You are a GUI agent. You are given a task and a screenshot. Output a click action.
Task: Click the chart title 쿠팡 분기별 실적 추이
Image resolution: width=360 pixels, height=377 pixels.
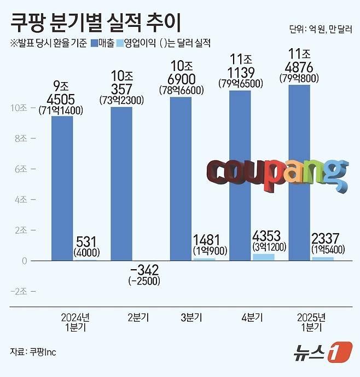tap(95, 22)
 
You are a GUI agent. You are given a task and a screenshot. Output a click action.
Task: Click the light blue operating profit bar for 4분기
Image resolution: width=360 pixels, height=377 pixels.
tap(264, 257)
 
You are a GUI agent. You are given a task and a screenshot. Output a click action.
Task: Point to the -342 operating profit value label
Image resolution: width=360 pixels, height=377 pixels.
tap(144, 270)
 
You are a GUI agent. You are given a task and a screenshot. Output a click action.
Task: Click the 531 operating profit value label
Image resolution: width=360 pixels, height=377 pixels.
tap(85, 241)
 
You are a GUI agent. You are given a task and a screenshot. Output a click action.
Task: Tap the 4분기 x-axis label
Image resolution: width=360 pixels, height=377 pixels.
tap(252, 318)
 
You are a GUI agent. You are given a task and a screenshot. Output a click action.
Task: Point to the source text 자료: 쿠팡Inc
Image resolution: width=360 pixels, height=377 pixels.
tap(34, 352)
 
